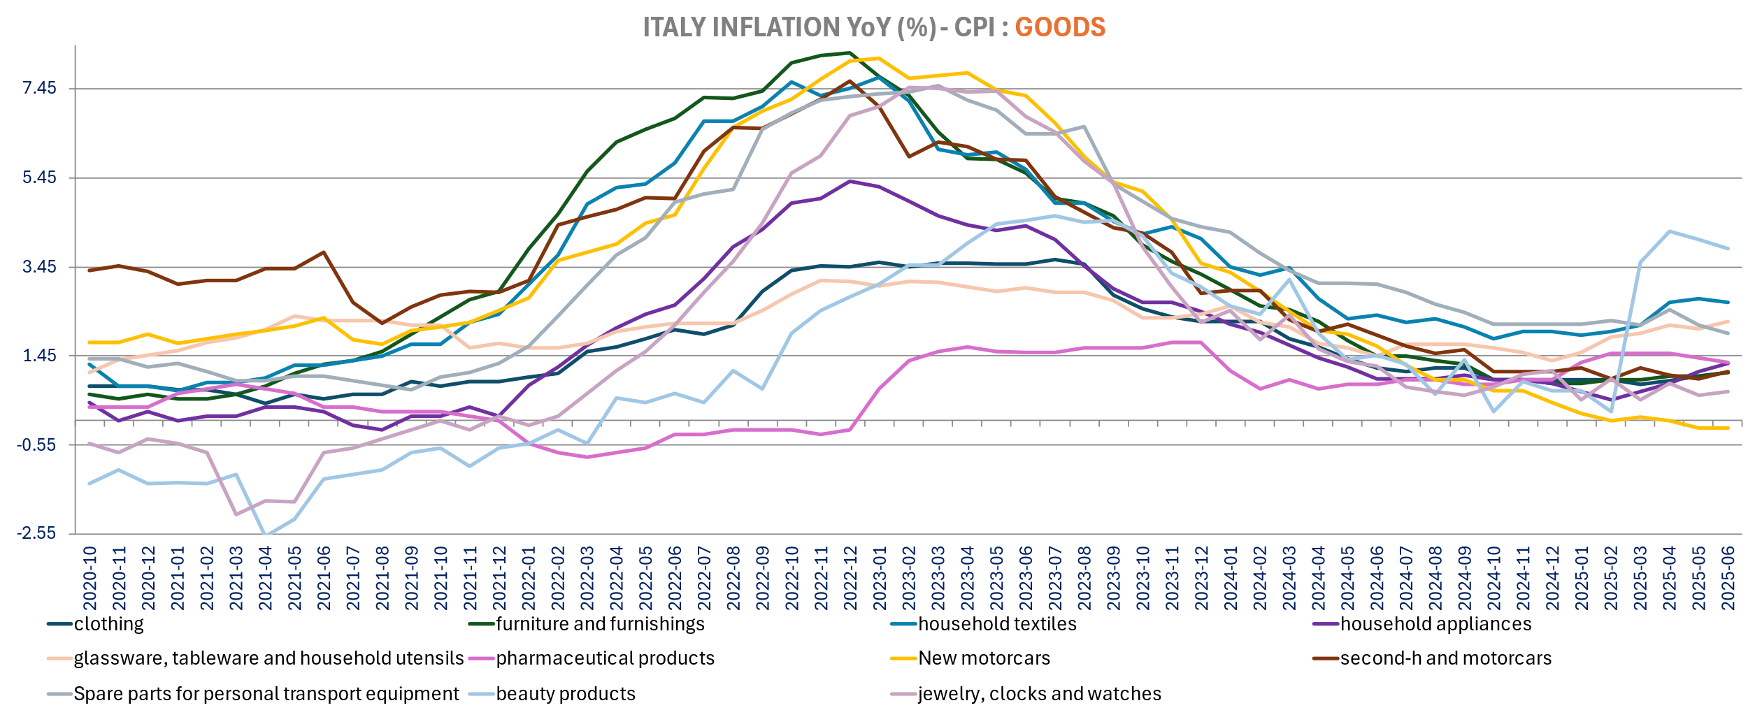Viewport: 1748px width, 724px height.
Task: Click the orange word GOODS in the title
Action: tap(1059, 27)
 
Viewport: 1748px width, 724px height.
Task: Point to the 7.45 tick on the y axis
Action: tap(39, 88)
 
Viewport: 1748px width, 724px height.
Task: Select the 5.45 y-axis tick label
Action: tap(39, 178)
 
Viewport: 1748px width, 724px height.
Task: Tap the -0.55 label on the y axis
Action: tap(37, 445)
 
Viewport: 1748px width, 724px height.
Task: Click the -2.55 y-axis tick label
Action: tap(37, 534)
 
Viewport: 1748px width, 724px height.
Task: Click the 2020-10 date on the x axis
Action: tap(89, 578)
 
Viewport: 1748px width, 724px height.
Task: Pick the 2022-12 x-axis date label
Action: tap(850, 578)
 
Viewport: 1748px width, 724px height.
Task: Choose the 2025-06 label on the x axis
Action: tap(1728, 578)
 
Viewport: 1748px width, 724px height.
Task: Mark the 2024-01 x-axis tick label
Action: tap(1230, 578)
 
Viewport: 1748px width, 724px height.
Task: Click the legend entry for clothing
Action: tap(108, 624)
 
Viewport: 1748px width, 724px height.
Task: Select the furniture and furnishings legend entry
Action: tap(600, 624)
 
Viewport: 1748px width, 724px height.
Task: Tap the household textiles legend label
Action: tap(997, 624)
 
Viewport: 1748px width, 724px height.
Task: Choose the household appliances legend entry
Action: tap(1435, 624)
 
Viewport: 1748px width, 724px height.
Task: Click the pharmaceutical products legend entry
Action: tap(605, 658)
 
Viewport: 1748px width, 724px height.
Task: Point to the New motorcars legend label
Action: tap(984, 658)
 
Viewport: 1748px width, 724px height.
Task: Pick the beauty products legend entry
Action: tap(566, 694)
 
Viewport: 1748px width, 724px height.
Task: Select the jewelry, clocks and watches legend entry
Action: tap(1039, 694)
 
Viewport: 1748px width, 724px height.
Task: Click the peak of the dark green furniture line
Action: tap(849, 52)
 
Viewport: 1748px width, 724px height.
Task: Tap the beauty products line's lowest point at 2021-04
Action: tap(266, 535)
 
